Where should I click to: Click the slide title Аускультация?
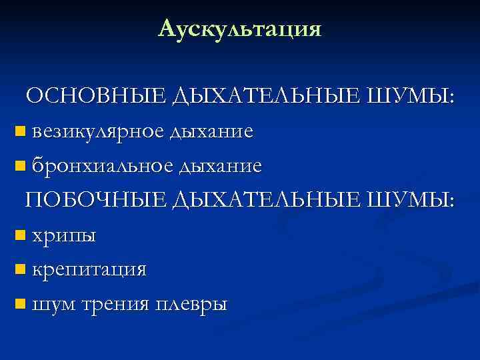click(x=240, y=29)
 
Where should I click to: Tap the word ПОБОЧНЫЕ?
click(x=97, y=200)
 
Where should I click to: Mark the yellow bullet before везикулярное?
click(x=19, y=131)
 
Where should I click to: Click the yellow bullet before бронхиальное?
click(x=19, y=166)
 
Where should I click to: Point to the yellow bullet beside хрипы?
click(x=19, y=235)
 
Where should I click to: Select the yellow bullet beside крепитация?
click(x=19, y=270)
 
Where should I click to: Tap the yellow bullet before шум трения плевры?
click(x=19, y=305)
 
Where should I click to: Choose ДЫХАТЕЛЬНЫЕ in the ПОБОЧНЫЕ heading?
click(x=268, y=201)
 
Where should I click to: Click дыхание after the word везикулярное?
click(x=211, y=131)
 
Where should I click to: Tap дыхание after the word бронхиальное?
click(x=219, y=165)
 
